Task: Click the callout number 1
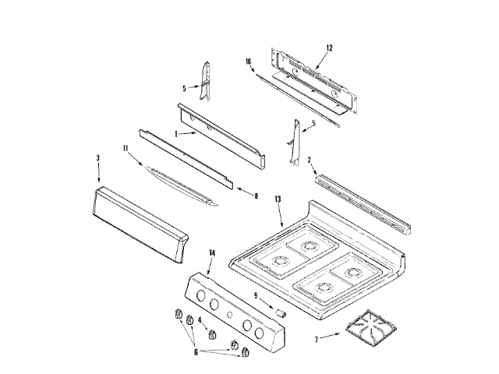pos(176,133)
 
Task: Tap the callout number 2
pos(310,161)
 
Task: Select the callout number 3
pos(97,158)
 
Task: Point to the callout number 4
pos(200,319)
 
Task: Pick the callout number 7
pos(317,339)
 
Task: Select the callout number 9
pos(255,295)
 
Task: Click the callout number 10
pos(248,61)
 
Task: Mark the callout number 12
pos(329,48)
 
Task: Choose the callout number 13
pos(278,199)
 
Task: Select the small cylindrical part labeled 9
pos(278,311)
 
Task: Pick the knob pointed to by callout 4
pos(212,334)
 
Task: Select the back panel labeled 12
pos(316,78)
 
